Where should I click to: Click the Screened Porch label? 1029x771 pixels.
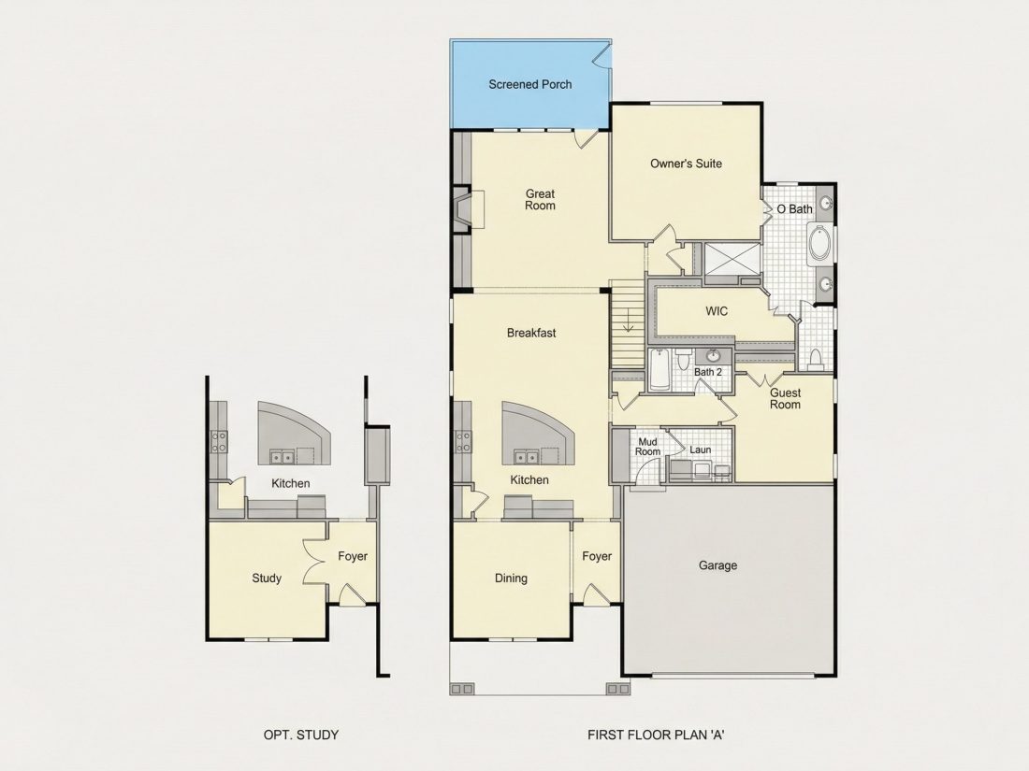coord(529,84)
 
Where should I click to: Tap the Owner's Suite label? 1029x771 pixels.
coord(686,164)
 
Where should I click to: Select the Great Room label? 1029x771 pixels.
coord(540,199)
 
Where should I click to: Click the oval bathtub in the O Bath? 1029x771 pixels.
coord(819,243)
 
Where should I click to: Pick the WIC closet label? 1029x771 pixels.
coord(717,311)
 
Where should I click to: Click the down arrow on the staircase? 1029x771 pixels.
coord(628,320)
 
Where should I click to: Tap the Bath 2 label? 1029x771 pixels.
coord(708,372)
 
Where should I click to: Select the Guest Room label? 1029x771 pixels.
coord(785,399)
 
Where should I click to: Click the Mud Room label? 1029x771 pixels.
coord(647,447)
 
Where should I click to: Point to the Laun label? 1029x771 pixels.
coord(701,450)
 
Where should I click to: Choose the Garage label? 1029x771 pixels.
coord(717,565)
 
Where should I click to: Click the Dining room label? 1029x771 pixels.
coord(511,578)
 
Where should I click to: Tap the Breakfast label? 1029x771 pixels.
coord(531,333)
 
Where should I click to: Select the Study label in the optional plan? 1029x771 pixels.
coord(267,578)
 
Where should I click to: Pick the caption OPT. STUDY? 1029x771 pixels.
coord(301,735)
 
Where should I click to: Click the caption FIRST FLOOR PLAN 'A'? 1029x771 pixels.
coord(657,735)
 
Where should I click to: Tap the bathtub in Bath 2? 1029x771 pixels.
coord(659,370)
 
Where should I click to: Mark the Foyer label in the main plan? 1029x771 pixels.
coord(597,556)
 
